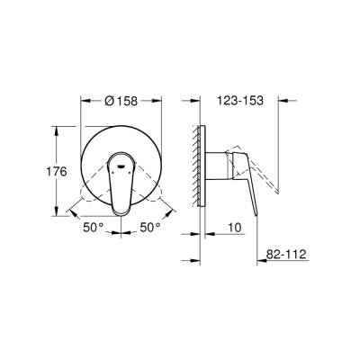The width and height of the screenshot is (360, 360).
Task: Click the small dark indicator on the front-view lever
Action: coord(121,164)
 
